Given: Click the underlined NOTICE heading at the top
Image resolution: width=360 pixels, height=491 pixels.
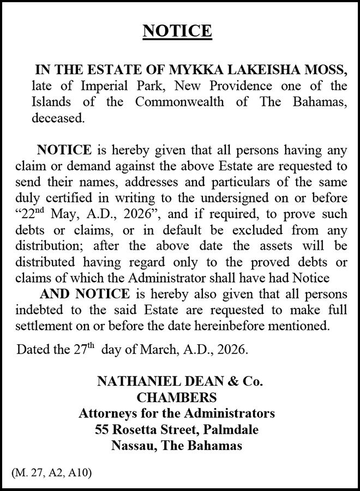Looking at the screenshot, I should click(177, 31).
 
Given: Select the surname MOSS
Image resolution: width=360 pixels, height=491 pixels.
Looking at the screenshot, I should click(325, 70).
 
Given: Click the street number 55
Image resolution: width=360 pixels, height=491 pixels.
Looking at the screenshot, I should click(101, 429).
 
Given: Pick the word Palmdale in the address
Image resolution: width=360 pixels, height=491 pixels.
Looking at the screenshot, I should click(230, 429).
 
